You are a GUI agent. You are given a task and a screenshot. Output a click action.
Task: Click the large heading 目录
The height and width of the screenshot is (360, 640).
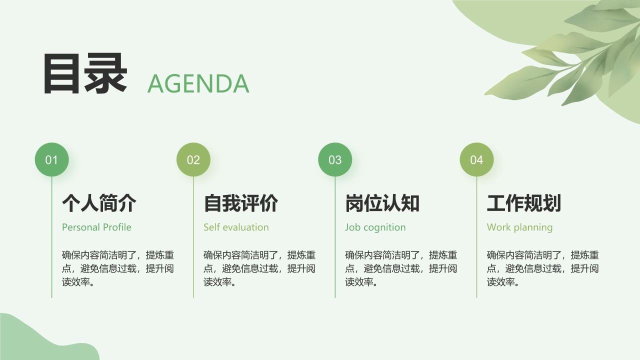point(85,74)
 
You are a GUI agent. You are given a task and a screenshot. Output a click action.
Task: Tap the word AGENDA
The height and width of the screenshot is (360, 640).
point(198,83)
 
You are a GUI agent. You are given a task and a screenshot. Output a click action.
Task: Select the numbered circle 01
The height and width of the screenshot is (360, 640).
point(51,159)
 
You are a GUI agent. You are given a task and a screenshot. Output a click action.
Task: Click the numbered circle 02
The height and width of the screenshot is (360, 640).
point(193,159)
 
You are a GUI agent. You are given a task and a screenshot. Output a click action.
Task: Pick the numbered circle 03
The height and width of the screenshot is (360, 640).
point(335,159)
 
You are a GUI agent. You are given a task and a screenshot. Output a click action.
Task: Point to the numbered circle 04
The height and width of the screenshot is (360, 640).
point(476,159)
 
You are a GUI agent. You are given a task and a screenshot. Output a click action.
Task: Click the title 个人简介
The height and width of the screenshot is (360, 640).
point(99,203)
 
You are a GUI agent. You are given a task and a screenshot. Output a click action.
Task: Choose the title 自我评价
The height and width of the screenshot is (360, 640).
point(240,203)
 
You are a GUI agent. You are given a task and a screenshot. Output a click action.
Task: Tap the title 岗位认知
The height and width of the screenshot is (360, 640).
point(382,203)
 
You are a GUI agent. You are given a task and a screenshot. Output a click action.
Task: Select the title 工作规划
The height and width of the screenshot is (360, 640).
point(524,203)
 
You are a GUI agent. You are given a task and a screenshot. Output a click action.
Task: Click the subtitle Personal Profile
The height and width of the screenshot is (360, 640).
point(96,227)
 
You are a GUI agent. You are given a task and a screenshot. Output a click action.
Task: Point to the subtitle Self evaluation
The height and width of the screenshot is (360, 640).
point(236,227)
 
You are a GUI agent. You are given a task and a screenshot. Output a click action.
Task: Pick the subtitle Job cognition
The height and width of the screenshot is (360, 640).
point(375,227)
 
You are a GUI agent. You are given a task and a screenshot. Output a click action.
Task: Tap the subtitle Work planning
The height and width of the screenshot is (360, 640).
point(519,227)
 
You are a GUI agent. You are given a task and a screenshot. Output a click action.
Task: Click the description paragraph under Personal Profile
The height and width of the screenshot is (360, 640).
point(118,268)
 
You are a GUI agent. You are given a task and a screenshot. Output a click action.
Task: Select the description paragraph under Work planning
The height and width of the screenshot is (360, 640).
point(543,268)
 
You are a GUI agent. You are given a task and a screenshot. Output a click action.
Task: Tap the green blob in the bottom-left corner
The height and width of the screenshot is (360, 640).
point(35,340)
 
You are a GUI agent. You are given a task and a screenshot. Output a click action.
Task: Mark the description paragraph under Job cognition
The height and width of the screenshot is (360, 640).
point(401,268)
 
